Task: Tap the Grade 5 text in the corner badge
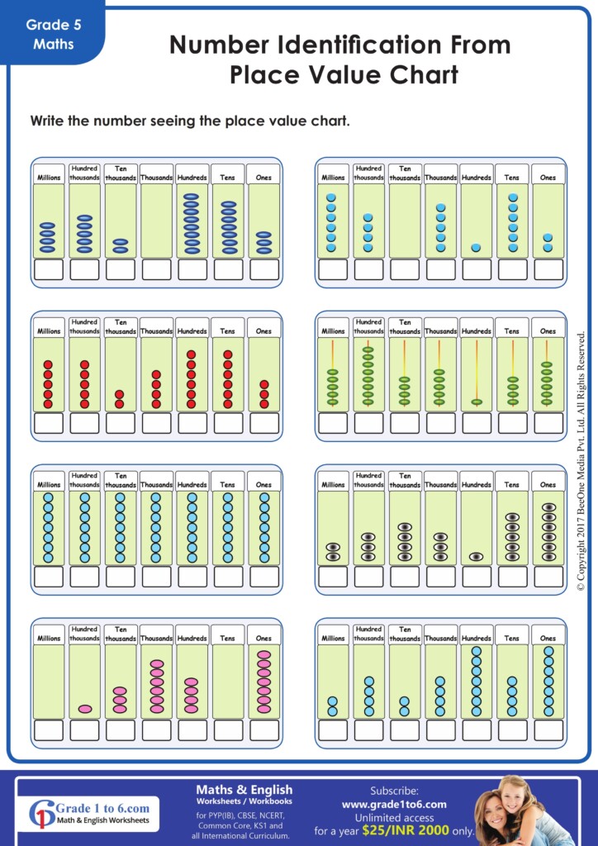pyautogui.click(x=53, y=25)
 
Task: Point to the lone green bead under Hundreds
pyautogui.click(x=477, y=402)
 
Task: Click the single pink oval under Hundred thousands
pyautogui.click(x=84, y=708)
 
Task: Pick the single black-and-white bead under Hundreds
pyautogui.click(x=477, y=556)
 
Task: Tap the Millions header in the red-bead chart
pyautogui.click(x=49, y=330)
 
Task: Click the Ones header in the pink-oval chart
pyautogui.click(x=263, y=638)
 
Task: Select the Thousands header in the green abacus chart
pyautogui.click(x=440, y=330)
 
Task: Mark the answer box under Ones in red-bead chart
pyautogui.click(x=263, y=423)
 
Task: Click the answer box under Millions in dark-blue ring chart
pyautogui.click(x=49, y=269)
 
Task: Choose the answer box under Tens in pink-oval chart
pyautogui.click(x=228, y=730)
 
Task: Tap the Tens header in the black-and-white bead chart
pyautogui.click(x=512, y=484)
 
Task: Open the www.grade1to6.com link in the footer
pyautogui.click(x=394, y=804)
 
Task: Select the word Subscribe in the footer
pyautogui.click(x=394, y=791)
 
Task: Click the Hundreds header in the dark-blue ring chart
pyautogui.click(x=192, y=177)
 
